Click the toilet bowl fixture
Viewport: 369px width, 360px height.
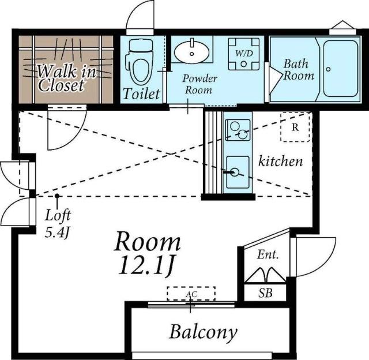pos(140,62)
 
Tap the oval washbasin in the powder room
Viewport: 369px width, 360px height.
pos(191,51)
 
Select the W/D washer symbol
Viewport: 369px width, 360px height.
pos(244,54)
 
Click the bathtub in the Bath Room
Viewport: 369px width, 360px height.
pos(341,69)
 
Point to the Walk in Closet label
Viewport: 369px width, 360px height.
pos(67,78)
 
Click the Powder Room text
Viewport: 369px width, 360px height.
pos(199,84)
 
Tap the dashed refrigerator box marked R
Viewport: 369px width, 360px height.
pos(295,127)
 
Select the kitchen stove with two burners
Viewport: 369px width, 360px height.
pos(238,130)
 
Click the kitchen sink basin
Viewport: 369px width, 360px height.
pos(238,172)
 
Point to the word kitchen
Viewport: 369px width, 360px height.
pos(281,162)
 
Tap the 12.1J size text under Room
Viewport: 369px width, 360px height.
pos(146,265)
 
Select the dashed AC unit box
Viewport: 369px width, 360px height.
pos(191,294)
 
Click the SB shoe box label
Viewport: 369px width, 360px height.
pos(265,293)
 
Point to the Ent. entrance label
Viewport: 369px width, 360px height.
pos(268,254)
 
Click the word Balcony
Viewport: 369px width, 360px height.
pos(203,332)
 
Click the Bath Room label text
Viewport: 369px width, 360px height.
pos(299,70)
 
